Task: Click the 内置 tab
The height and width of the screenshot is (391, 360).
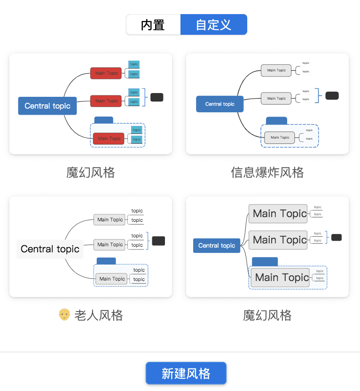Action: click(153, 24)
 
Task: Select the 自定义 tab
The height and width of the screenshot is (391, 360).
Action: click(214, 24)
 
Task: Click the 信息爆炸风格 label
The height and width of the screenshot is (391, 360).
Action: click(267, 172)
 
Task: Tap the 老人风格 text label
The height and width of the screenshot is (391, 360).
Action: click(98, 315)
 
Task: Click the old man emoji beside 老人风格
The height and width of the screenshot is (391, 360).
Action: click(64, 314)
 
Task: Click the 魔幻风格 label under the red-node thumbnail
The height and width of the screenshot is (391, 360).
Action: click(90, 172)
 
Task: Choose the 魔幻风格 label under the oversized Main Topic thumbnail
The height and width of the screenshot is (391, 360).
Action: click(267, 315)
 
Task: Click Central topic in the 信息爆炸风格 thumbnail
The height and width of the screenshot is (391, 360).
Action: click(219, 104)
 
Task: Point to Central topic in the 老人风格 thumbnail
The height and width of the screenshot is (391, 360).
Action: click(50, 249)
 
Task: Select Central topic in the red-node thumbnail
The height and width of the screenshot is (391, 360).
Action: click(47, 106)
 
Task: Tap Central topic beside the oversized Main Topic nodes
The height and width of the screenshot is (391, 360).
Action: click(216, 245)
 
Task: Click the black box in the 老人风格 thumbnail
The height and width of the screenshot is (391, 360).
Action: click(159, 241)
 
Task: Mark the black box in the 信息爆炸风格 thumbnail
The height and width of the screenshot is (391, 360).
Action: click(332, 95)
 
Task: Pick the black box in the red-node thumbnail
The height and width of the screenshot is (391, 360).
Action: click(157, 97)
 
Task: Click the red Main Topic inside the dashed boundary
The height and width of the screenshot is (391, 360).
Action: click(109, 138)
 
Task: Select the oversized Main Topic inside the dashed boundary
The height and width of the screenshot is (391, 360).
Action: click(280, 277)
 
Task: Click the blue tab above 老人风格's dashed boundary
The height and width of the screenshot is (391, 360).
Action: click(106, 261)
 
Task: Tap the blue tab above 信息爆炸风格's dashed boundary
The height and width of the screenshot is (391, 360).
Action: click(276, 121)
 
